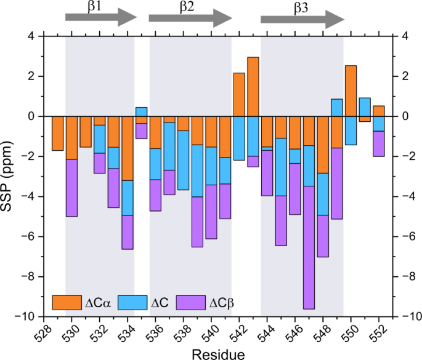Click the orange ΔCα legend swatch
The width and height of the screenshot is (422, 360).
(67, 302)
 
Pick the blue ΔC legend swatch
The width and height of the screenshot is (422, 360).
(130, 302)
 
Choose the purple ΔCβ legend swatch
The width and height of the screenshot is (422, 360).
(192, 302)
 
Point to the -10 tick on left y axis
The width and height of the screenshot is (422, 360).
(28, 316)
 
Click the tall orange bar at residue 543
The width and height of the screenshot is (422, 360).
(253, 86)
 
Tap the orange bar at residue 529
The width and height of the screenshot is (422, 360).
(58, 133)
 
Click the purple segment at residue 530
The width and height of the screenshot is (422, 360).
(71, 188)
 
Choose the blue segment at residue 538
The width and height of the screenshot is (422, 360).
(183, 160)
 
